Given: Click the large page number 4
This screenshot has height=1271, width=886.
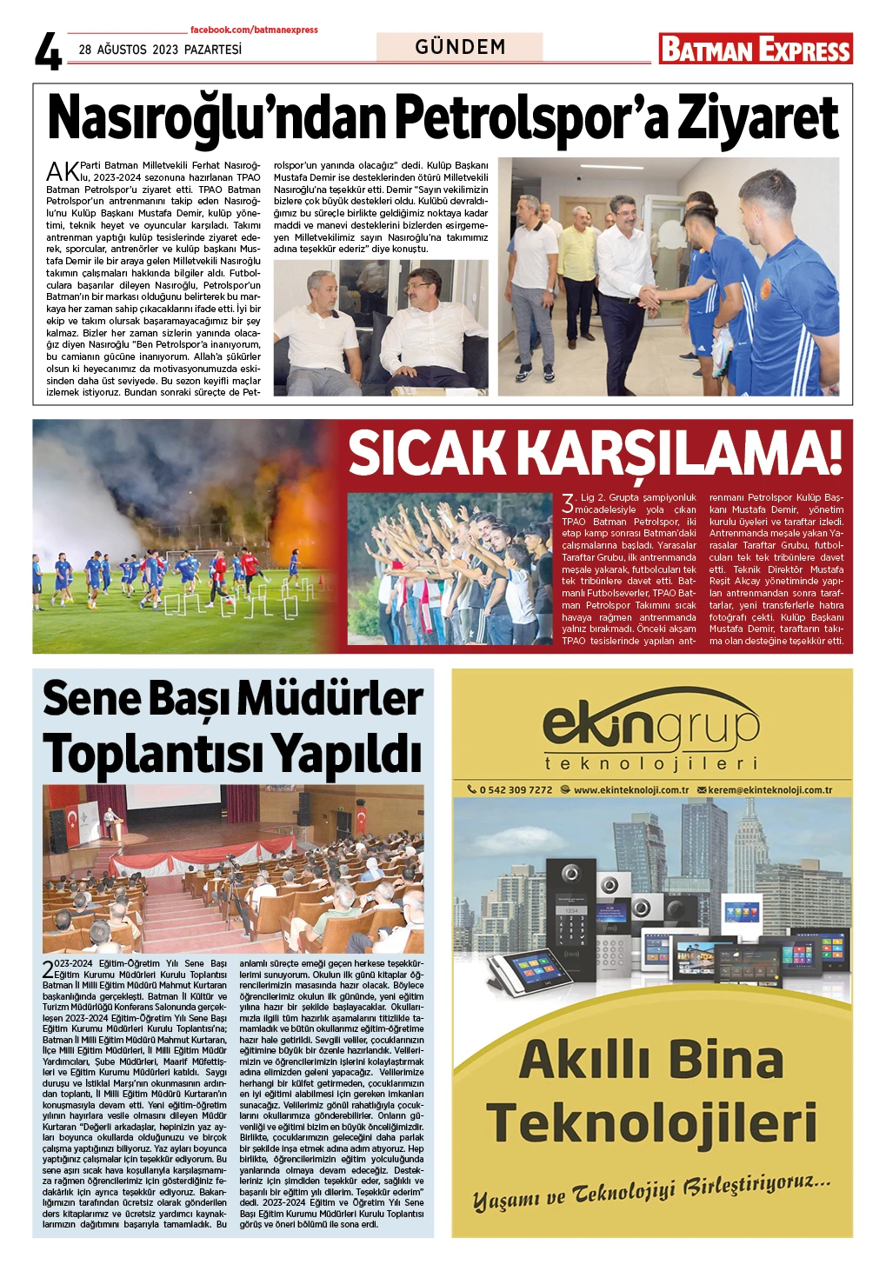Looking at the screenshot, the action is pyautogui.click(x=49, y=51).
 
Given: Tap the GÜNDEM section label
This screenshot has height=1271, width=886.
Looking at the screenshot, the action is pyautogui.click(x=460, y=47).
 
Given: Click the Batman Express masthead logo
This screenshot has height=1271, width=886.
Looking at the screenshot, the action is pyautogui.click(x=755, y=50).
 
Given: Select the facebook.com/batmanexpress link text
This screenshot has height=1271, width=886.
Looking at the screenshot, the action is pyautogui.click(x=254, y=30).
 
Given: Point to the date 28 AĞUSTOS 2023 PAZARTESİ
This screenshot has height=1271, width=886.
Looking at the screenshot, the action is pyautogui.click(x=160, y=50).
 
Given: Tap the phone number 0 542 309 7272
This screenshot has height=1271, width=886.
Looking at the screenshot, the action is pyautogui.click(x=516, y=790).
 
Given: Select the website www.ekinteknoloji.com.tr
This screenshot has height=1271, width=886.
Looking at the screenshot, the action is pyautogui.click(x=630, y=790).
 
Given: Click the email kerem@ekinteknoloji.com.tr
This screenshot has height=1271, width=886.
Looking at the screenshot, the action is pyautogui.click(x=769, y=790).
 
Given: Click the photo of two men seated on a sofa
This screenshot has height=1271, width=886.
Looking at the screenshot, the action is pyautogui.click(x=380, y=328).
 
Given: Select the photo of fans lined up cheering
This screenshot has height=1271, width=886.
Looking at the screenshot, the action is pyautogui.click(x=450, y=569).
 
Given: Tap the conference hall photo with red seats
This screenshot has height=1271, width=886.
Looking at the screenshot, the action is pyautogui.click(x=233, y=868).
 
